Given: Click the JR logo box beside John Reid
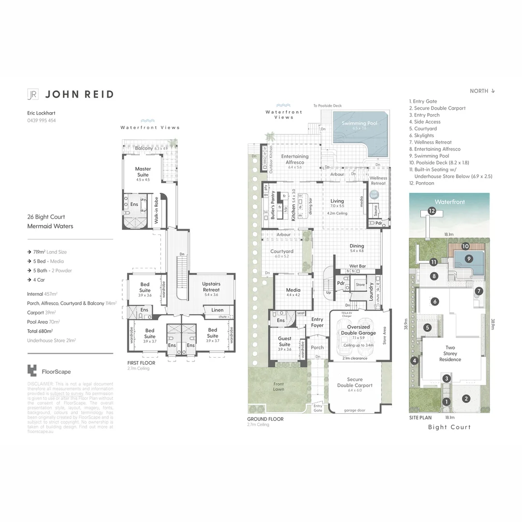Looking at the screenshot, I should pyautogui.click(x=33, y=94).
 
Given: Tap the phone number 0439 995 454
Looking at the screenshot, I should pyautogui.click(x=42, y=120).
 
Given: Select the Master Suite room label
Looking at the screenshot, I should pyautogui.click(x=143, y=172).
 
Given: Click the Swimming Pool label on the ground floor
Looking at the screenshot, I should pyautogui.click(x=360, y=124).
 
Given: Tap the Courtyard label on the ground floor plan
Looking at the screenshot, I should pyautogui.click(x=282, y=251).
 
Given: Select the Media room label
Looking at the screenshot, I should pyautogui.click(x=293, y=290).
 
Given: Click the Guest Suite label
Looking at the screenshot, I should pyautogui.click(x=285, y=341).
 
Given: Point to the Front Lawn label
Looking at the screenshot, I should pyautogui.click(x=279, y=386).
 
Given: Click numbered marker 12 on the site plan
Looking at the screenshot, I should pyautogui.click(x=431, y=211).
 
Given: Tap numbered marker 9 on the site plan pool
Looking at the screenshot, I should pyautogui.click(x=468, y=259).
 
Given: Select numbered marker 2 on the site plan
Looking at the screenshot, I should pyautogui.click(x=466, y=399).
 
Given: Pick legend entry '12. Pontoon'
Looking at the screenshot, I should pyautogui.click(x=421, y=183).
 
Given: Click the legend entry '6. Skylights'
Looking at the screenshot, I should pyautogui.click(x=421, y=135).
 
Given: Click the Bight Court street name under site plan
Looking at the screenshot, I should pyautogui.click(x=449, y=427).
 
